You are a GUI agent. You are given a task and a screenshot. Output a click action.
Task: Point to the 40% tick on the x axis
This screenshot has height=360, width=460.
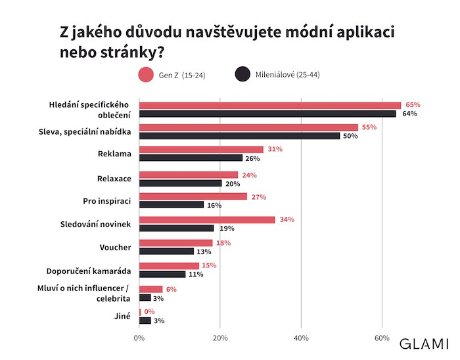301,338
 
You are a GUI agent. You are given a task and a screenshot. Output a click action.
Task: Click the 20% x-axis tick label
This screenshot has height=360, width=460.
220,338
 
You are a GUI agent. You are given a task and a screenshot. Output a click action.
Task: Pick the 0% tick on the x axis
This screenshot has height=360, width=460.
139,338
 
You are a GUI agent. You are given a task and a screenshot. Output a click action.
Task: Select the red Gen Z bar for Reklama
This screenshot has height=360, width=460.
201,150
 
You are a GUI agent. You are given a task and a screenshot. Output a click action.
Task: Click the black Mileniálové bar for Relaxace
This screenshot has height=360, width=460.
180,183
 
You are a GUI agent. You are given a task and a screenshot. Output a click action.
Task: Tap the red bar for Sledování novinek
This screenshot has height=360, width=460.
207,220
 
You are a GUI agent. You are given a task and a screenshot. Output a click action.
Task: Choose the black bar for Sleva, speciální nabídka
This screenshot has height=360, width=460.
239,135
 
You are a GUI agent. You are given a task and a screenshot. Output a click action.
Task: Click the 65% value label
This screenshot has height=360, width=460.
413,105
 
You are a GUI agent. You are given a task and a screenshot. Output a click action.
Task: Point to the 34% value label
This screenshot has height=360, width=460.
287,220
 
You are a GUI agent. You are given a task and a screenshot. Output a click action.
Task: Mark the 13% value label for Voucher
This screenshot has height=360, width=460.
204,252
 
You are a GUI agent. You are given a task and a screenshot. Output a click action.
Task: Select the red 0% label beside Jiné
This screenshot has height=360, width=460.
149,311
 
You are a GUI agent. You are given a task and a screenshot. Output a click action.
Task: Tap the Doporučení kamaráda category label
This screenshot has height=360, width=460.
89,271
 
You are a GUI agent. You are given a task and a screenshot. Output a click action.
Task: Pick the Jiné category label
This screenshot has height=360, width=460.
123,316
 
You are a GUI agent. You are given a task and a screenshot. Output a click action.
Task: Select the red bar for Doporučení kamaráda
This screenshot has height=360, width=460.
169,265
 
